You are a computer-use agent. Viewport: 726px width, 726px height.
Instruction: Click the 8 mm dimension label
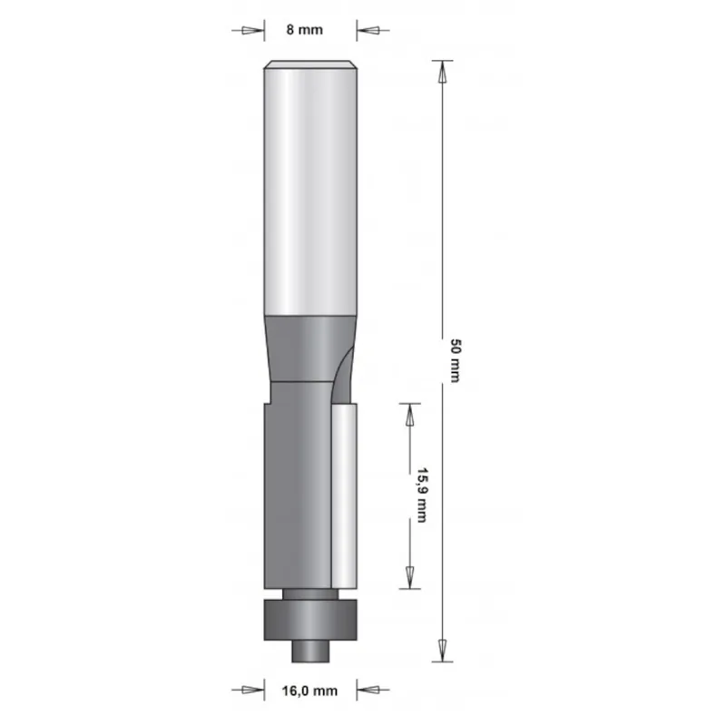click(x=305, y=30)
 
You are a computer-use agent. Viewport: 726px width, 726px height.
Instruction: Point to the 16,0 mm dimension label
click(x=311, y=691)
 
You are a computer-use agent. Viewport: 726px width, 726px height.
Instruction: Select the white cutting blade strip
click(x=344, y=495)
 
